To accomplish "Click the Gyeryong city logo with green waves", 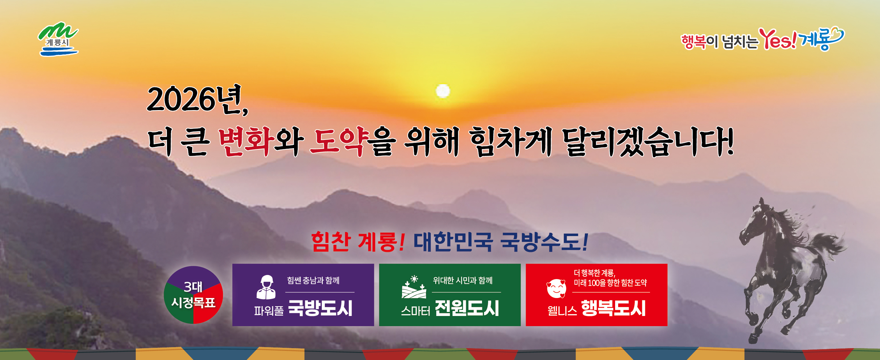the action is (58, 39).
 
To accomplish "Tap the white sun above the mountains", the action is (443, 91).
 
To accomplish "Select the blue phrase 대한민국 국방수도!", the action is (501, 242).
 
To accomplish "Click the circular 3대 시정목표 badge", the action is (193, 295).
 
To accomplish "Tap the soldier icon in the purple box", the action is (266, 287).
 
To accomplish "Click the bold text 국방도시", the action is (320, 308).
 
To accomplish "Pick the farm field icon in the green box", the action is (414, 287).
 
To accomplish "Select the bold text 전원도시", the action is (467, 308).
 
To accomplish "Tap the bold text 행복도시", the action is (613, 308).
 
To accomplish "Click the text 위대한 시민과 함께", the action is (463, 280).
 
